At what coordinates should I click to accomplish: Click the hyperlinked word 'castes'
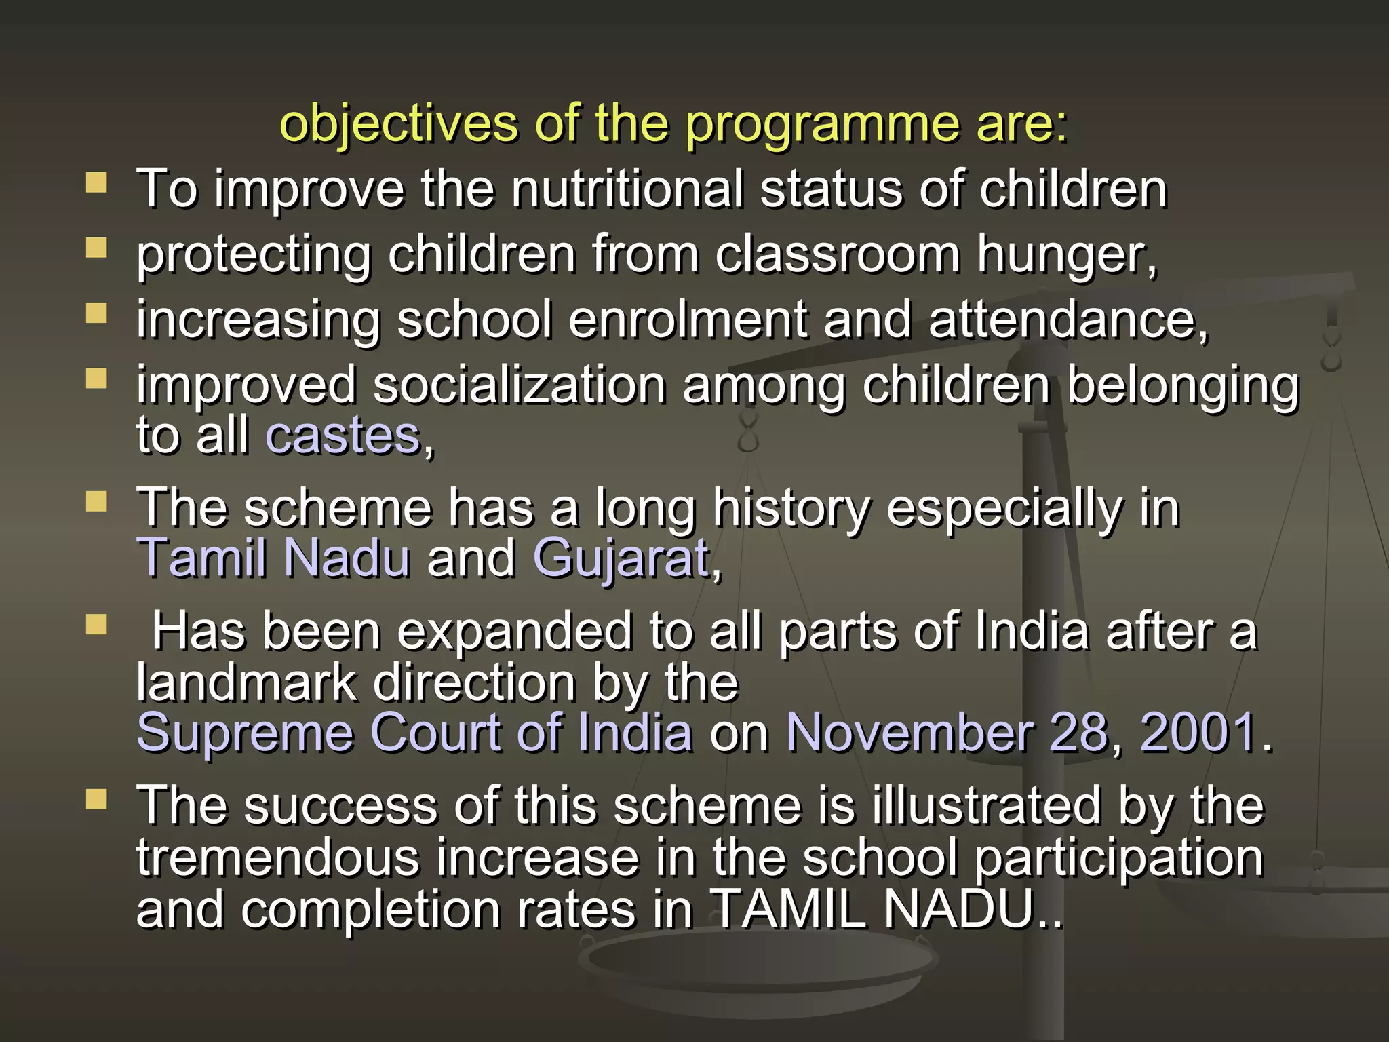(343, 436)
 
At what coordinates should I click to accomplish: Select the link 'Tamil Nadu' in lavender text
(273, 558)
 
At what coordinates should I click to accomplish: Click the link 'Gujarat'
(621, 558)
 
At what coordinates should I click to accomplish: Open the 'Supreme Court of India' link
(414, 733)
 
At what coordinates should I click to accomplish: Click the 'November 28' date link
(946, 733)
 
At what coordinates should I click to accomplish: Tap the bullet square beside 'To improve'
(97, 182)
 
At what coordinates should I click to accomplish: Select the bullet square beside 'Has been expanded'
(97, 624)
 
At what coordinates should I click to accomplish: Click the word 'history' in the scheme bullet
(791, 508)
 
